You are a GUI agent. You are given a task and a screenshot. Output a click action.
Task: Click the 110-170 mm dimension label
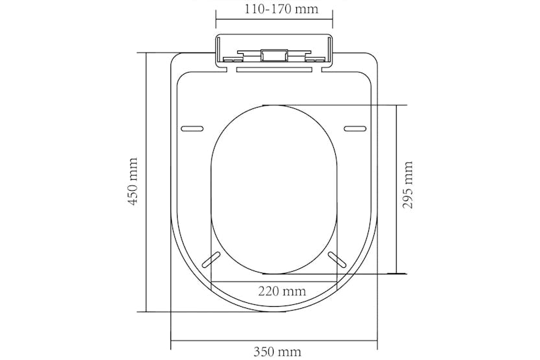[273, 10]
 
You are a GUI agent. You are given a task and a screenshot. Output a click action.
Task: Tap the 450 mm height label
[133, 182]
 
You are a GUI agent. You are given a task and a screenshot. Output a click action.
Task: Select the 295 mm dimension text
[408, 185]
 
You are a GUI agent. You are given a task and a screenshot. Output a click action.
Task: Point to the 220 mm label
[281, 291]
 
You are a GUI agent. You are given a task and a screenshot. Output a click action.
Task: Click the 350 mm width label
[277, 352]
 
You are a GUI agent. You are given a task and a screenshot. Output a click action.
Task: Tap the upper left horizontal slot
[192, 128]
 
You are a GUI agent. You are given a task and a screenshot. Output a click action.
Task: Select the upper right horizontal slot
[354, 128]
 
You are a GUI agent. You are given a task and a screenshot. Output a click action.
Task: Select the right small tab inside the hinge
[315, 60]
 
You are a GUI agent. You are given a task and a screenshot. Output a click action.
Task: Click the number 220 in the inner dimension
[271, 291]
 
